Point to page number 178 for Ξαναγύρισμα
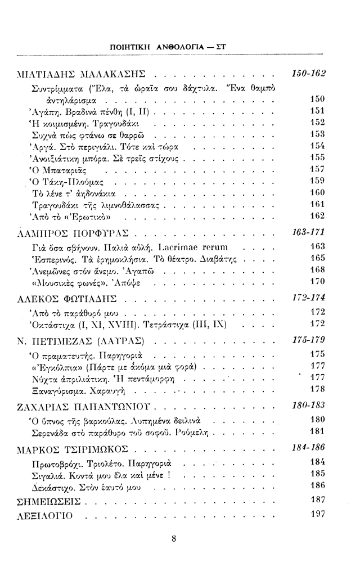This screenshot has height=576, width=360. (318, 389)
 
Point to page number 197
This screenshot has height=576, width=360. (318, 514)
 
